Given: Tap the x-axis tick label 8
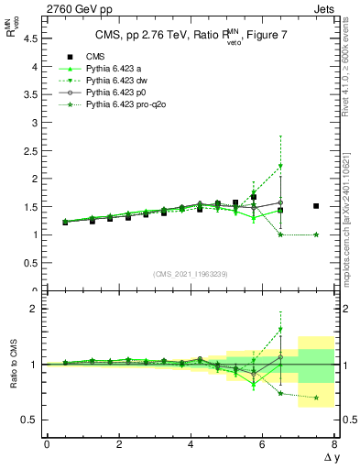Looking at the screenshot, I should pos(334,444).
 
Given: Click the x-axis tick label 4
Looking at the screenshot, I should pos(191,444).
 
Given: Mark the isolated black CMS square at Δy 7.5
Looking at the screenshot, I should pos(316,206).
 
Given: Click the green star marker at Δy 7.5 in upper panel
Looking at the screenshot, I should pos(316,234).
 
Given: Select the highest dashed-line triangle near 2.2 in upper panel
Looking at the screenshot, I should pos(280,167).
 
